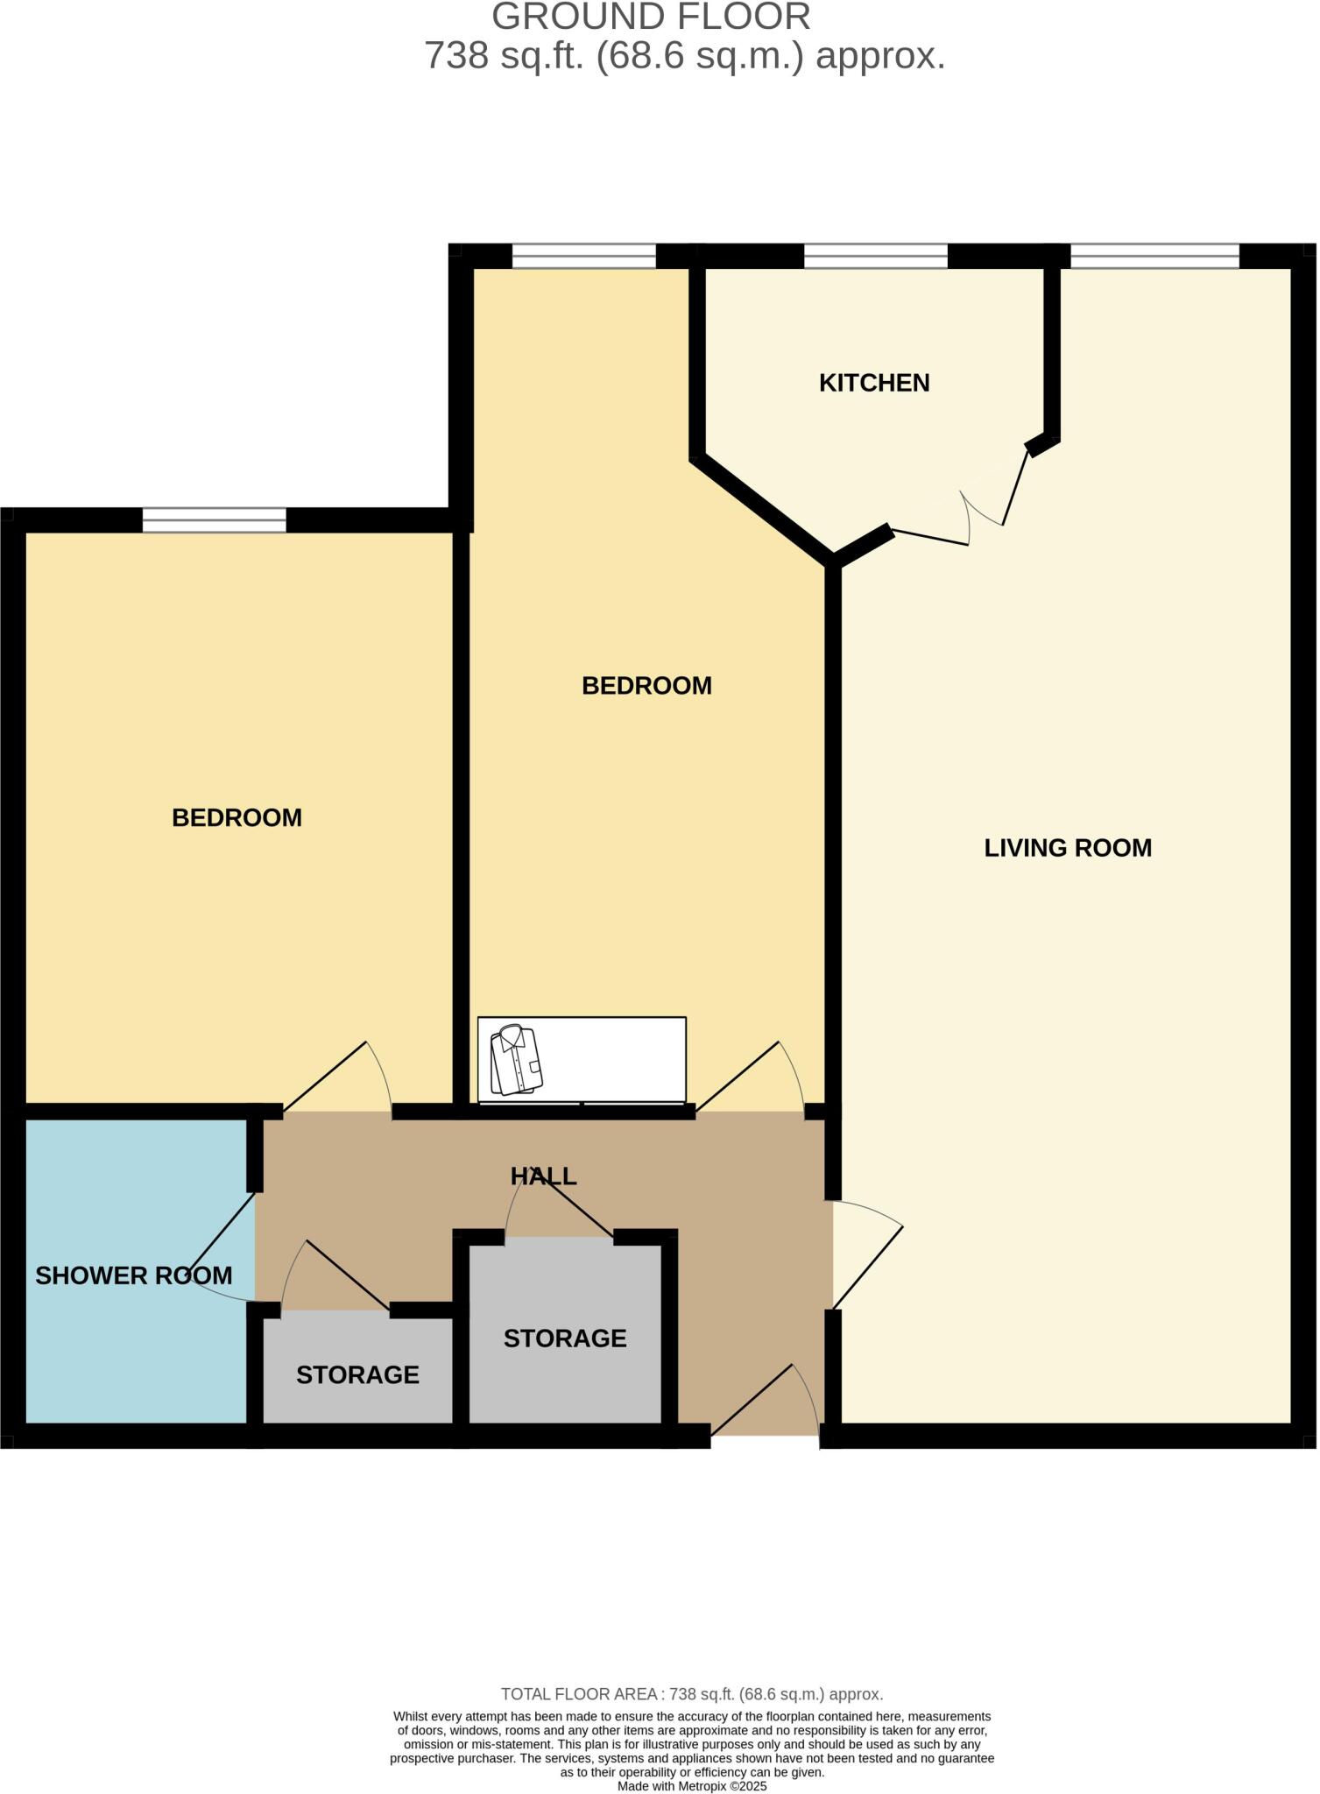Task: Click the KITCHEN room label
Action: point(873,383)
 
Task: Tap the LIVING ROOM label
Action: point(1067,848)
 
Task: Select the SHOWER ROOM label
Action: point(133,1275)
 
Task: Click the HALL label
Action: point(543,1176)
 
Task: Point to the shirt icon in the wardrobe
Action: point(517,1061)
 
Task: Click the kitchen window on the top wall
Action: point(875,257)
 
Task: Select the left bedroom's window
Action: point(214,520)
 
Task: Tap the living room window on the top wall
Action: point(1154,257)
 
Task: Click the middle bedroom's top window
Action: point(583,257)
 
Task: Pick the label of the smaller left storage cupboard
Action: point(357,1375)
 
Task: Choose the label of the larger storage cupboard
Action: point(565,1338)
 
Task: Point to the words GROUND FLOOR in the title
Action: point(651,18)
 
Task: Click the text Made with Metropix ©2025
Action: point(692,1786)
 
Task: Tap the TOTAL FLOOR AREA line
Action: point(692,1694)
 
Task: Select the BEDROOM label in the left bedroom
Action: point(236,818)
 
